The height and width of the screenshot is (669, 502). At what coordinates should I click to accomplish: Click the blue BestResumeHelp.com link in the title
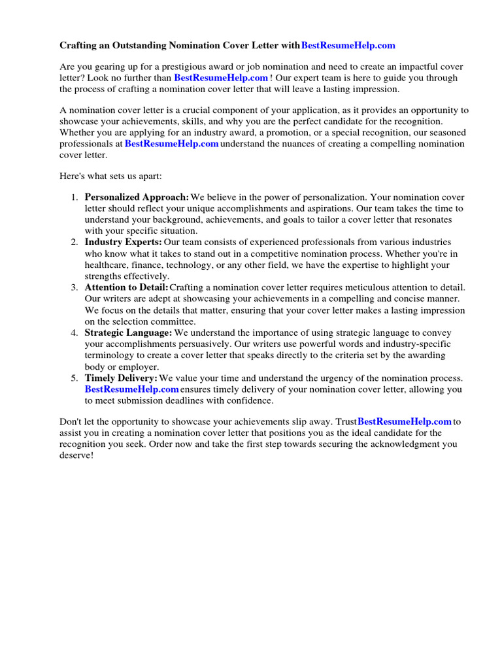click(348, 46)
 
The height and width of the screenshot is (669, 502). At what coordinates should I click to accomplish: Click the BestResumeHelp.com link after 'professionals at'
click(171, 144)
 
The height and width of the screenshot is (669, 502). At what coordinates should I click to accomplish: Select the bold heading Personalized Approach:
click(137, 197)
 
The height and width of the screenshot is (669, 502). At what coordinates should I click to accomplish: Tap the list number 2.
click(75, 242)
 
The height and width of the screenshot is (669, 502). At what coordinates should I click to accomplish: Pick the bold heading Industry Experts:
click(124, 242)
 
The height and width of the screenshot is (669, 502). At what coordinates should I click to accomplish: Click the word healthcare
click(108, 265)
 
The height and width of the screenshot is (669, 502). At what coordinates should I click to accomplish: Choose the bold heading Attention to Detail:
click(127, 287)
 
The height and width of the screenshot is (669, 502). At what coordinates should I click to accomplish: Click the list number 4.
click(75, 333)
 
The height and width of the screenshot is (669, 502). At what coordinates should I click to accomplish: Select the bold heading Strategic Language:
click(129, 333)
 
